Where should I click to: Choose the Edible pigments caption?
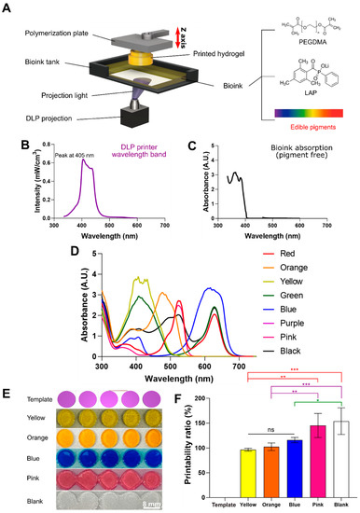pyautogui.click(x=316, y=120)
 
